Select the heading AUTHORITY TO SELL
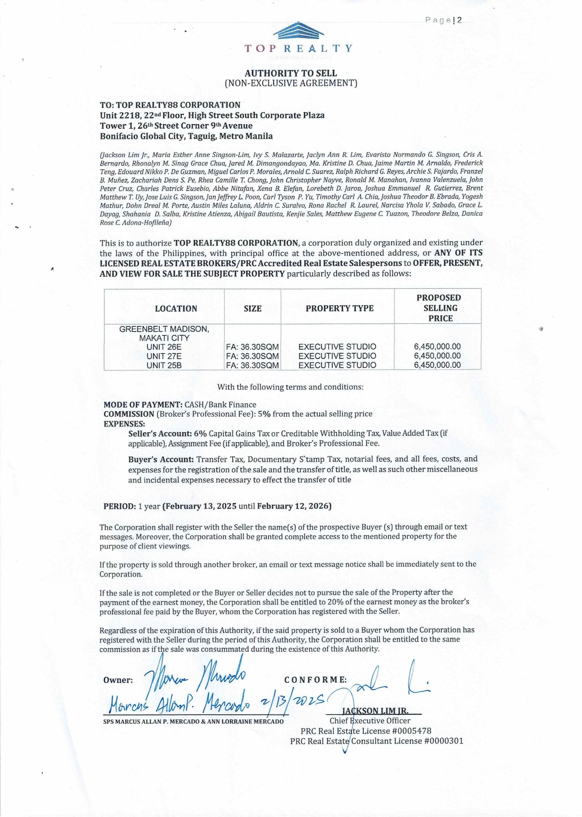tap(291, 73)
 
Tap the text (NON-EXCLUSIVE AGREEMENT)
tap(291, 83)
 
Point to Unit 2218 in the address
tap(120, 115)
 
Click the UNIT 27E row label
tap(164, 356)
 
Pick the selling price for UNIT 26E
tap(437, 347)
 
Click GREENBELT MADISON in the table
tap(164, 329)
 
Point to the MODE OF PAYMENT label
tap(143, 405)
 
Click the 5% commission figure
tap(264, 414)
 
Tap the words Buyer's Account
tap(161, 459)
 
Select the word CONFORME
tap(315, 680)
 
